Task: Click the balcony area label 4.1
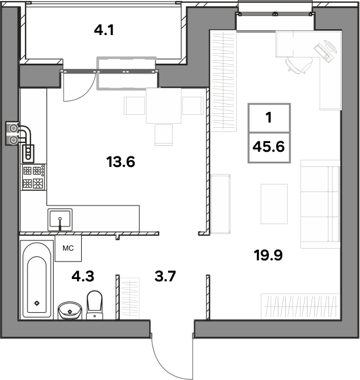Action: click(104, 30)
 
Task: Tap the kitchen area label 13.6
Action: click(120, 162)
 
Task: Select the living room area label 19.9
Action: click(268, 255)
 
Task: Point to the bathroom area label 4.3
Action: click(83, 276)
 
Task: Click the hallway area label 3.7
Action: click(165, 276)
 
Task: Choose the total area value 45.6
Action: click(268, 147)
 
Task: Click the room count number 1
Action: click(268, 118)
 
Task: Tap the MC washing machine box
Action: click(68, 248)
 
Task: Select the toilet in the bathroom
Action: click(95, 305)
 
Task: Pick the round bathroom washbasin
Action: click(70, 310)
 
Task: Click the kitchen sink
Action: click(60, 219)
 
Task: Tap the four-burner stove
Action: click(34, 177)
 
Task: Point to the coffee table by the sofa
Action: click(274, 204)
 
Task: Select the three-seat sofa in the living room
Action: click(320, 204)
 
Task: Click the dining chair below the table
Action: click(163, 135)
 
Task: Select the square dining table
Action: click(163, 106)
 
